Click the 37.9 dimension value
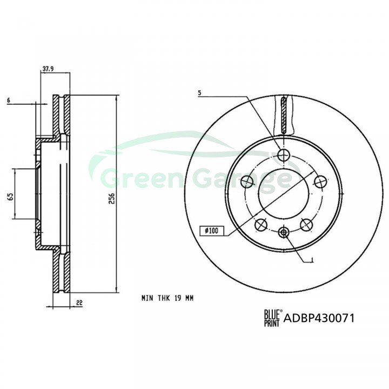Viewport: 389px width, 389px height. [48, 69]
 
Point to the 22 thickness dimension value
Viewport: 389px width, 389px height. [79, 303]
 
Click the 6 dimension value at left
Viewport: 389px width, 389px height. [9, 100]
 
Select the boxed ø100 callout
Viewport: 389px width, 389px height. [212, 231]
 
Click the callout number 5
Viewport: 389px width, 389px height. [200, 93]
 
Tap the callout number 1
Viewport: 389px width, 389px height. [312, 260]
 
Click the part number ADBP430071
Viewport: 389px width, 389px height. [319, 318]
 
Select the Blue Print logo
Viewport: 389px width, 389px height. [272, 318]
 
